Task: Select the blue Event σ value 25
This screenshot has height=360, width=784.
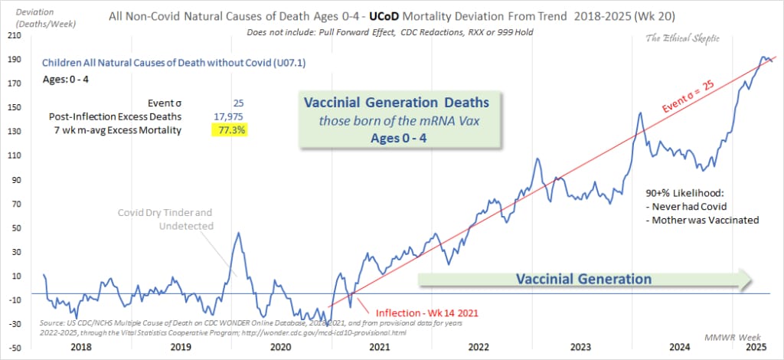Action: [x=237, y=103]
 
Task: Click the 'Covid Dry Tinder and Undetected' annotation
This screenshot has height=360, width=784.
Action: [x=165, y=218]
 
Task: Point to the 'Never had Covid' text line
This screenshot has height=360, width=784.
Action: [x=688, y=208]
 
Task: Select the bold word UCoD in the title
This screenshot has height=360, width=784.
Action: [x=416, y=15]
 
